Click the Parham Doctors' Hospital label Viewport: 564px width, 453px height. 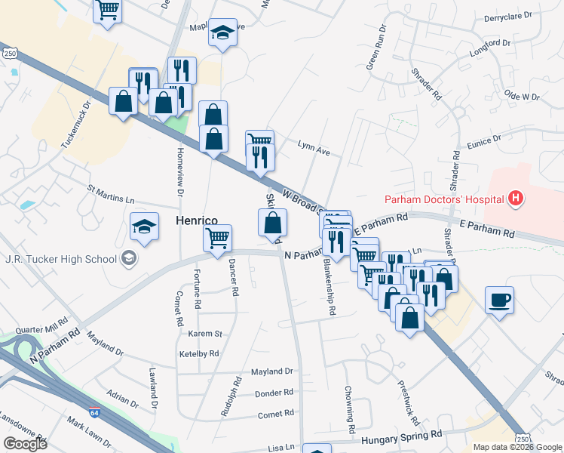444,200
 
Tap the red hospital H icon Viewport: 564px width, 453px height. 516,199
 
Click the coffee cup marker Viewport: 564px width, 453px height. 499,300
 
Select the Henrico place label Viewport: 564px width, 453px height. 197,220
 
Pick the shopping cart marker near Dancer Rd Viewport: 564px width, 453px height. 218,239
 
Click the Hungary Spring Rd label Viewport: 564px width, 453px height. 401,436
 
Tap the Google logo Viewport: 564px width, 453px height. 25,443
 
